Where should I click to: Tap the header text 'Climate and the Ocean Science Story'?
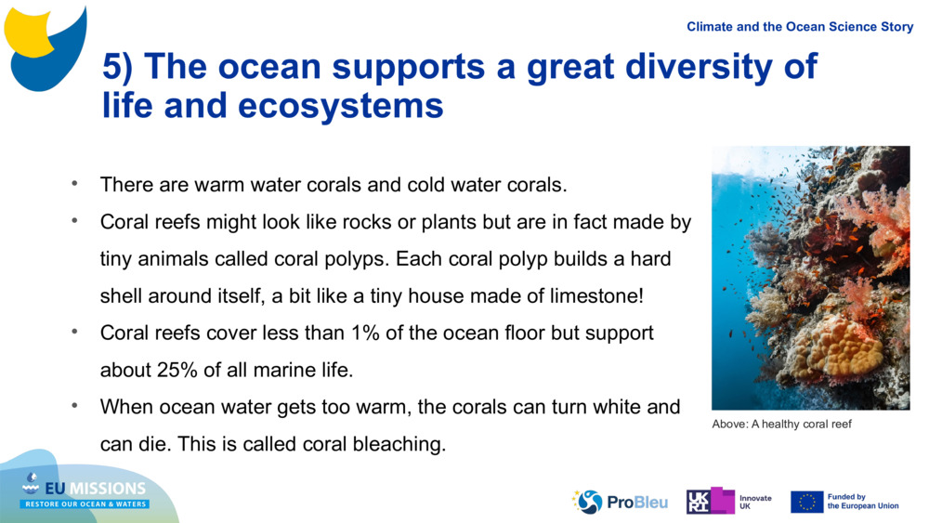(800, 27)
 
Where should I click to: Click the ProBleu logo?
(620, 502)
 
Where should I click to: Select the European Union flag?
(806, 502)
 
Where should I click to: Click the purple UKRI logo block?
(710, 502)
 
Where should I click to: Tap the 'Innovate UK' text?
(754, 502)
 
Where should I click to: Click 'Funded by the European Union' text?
(862, 502)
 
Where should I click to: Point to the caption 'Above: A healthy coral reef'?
(781, 425)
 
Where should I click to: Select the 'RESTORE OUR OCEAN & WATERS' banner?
(85, 504)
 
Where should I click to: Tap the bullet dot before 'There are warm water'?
(73, 184)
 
